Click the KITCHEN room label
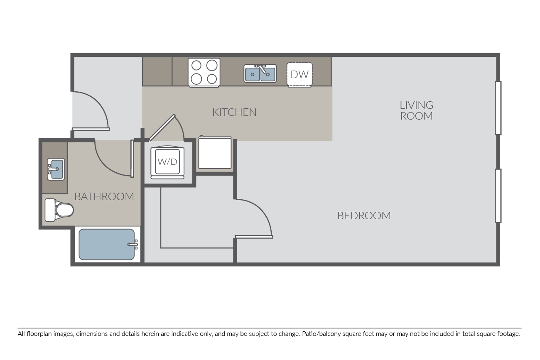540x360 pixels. pyautogui.click(x=234, y=112)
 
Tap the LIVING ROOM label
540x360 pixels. pyautogui.click(x=416, y=110)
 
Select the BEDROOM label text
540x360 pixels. pyautogui.click(x=364, y=216)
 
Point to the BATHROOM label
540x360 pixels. pyautogui.click(x=104, y=197)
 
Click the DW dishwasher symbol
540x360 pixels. pyautogui.click(x=299, y=74)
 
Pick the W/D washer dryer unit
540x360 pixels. pyautogui.click(x=167, y=162)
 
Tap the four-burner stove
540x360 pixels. pyautogui.click(x=204, y=72)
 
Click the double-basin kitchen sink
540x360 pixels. pyautogui.click(x=260, y=73)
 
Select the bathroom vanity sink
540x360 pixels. pyautogui.click(x=56, y=169)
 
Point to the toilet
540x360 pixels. pyautogui.click(x=59, y=210)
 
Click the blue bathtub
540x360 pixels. pyautogui.click(x=107, y=244)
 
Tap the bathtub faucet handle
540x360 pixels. pyautogui.click(x=133, y=245)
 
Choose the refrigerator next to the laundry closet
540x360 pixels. pyautogui.click(x=215, y=152)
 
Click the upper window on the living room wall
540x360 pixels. pyautogui.click(x=498, y=108)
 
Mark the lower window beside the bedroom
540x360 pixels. pyautogui.click(x=498, y=196)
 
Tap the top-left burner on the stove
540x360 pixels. pyautogui.click(x=196, y=65)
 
